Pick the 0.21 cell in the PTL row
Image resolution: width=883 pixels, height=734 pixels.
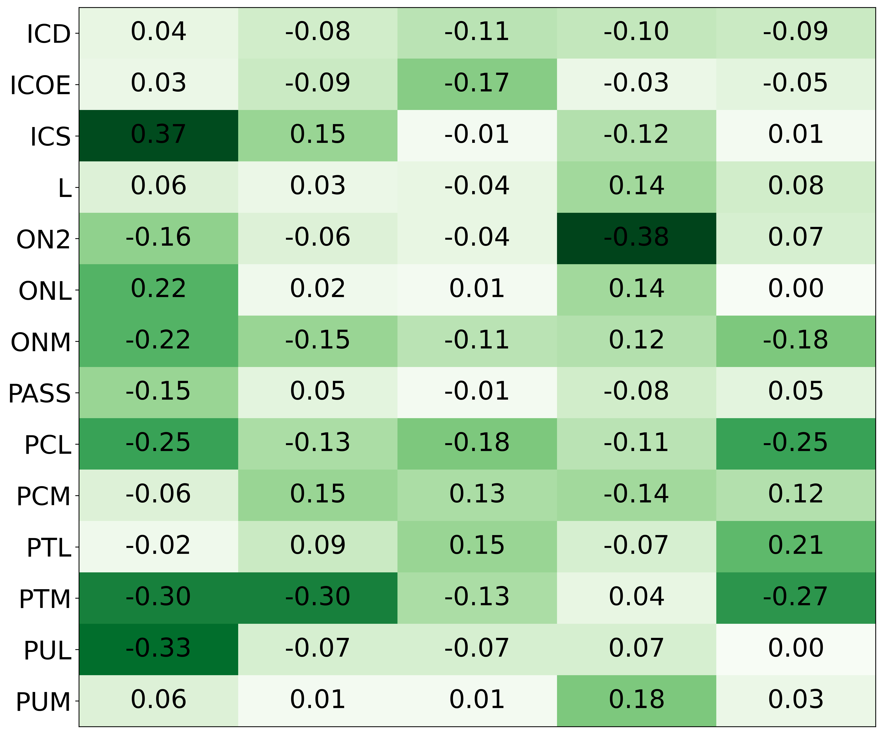point(795,546)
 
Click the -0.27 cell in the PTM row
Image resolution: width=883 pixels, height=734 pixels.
point(795,597)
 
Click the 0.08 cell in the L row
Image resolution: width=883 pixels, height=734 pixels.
point(795,187)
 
